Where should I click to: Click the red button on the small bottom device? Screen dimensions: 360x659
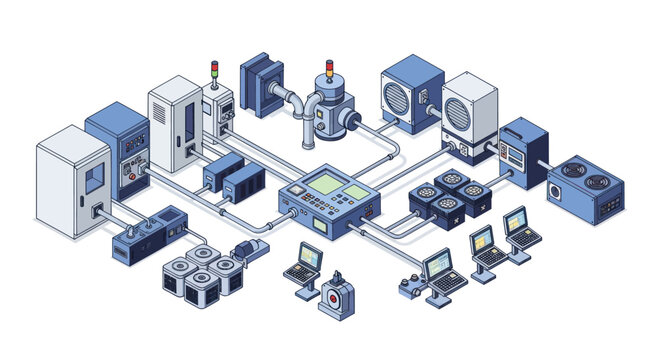click(333, 297)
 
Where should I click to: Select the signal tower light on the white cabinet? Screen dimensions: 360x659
click(213, 69)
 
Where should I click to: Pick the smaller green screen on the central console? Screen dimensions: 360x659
click(357, 191)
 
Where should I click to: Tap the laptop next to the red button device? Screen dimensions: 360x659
click(304, 263)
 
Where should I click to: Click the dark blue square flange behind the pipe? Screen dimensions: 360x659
click(261, 86)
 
